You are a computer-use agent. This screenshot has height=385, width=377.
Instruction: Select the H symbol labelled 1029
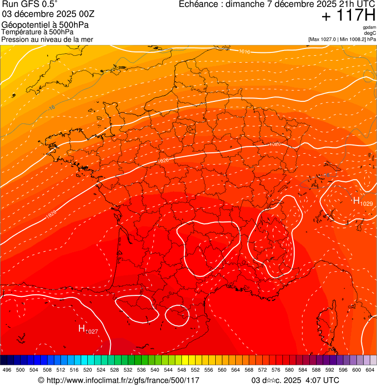357,200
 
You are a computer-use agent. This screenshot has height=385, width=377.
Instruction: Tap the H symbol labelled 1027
82,328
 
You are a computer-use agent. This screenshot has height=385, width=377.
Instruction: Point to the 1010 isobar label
245,51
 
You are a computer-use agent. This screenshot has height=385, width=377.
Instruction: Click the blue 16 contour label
52,107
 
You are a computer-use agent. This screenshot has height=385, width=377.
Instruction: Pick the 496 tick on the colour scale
7,370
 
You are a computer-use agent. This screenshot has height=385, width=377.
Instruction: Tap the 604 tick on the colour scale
370,370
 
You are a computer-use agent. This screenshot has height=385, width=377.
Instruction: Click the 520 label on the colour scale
88,370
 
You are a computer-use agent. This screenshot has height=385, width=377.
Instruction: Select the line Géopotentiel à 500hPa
45,25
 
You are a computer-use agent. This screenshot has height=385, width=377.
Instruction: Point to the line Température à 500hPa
41,32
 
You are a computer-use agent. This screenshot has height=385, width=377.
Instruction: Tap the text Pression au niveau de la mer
47,39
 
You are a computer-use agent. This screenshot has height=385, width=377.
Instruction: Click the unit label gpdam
369,27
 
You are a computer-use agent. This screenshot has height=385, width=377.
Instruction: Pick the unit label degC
370,33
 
